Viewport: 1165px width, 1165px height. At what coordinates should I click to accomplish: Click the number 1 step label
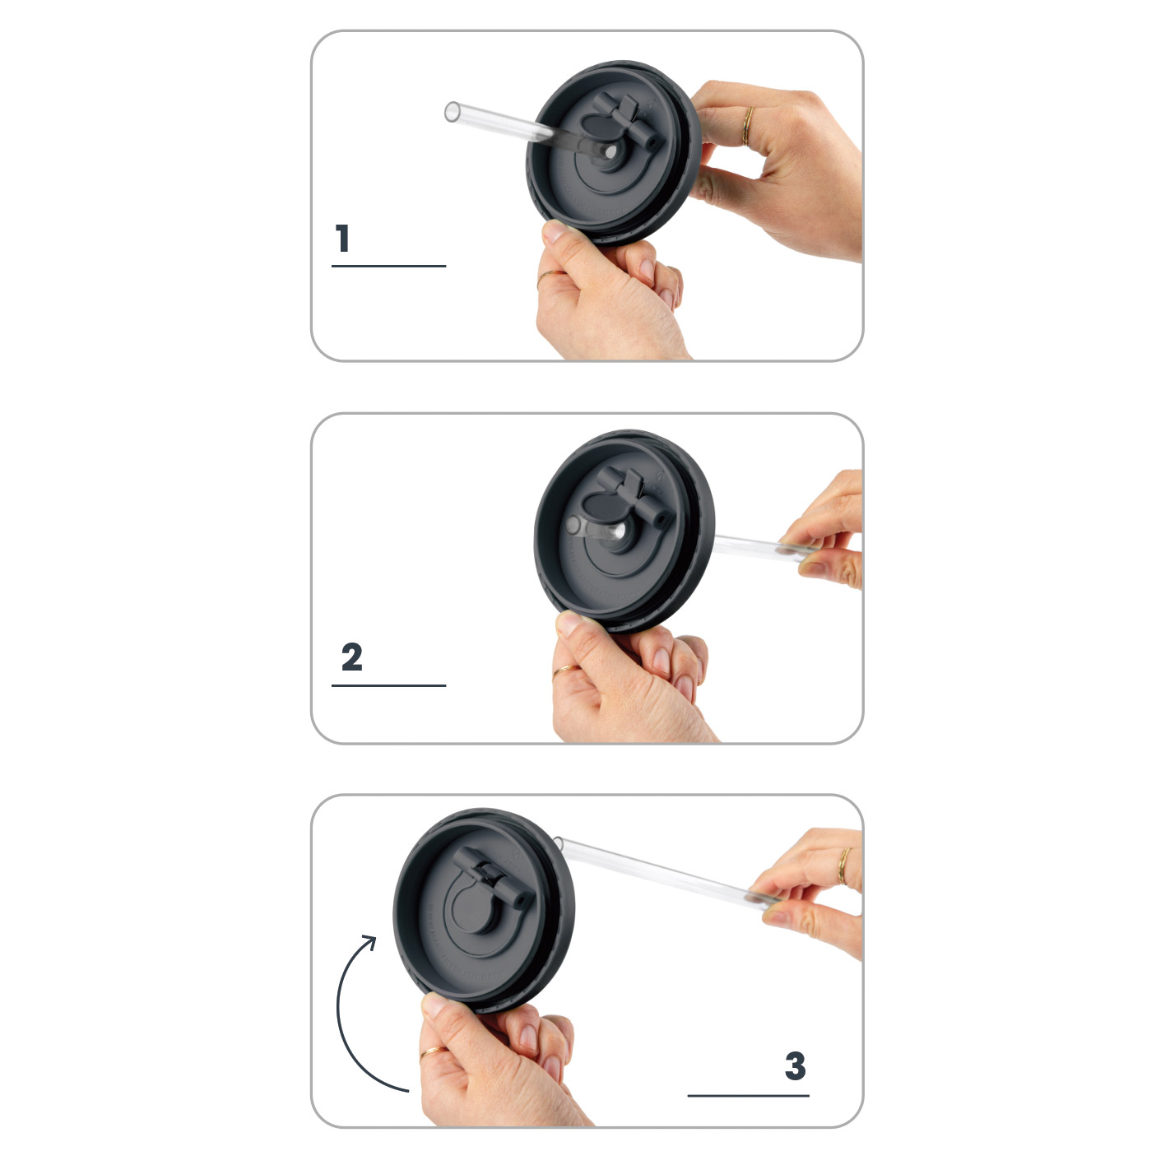pos(343,239)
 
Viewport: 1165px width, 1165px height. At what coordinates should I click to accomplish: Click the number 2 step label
pos(352,657)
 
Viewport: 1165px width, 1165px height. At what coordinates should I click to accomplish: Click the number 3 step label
pos(795,1065)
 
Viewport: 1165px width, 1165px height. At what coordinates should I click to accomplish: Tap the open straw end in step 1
pos(452,112)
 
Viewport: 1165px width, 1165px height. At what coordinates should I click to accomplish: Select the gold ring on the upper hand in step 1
pos(747,126)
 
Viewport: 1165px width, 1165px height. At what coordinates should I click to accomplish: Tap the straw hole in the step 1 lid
pos(610,153)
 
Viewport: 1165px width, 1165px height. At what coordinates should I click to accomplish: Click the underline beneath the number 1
pos(388,266)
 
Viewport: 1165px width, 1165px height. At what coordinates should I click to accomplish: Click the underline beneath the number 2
pos(388,685)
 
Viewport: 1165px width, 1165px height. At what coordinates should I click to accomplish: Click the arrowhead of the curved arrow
pos(369,942)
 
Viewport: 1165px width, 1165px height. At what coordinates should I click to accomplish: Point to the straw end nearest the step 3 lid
pos(559,842)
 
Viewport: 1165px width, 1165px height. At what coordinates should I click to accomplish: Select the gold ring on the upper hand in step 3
pos(843,866)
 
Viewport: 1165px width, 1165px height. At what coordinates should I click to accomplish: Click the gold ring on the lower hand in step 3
pos(433,1051)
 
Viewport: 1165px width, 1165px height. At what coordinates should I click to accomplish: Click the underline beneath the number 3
pos(748,1095)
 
